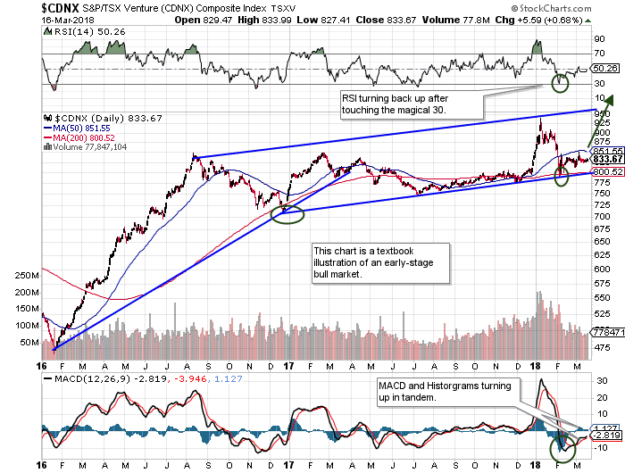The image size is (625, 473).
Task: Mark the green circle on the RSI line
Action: [561, 85]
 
